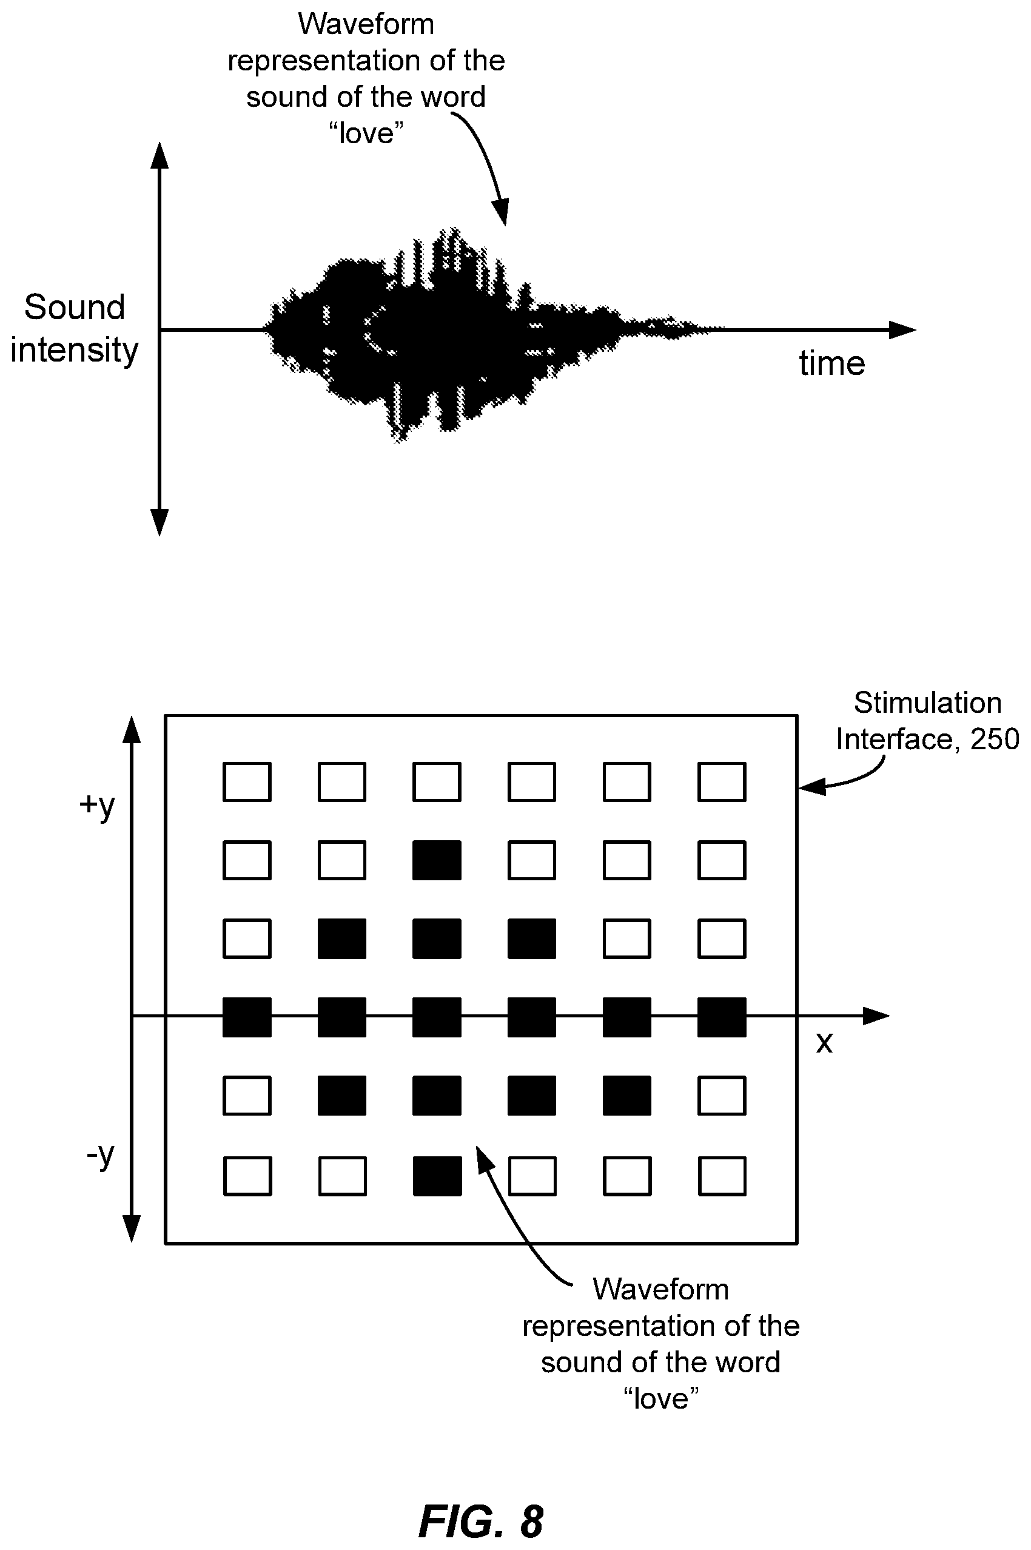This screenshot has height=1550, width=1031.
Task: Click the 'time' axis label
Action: (x=831, y=363)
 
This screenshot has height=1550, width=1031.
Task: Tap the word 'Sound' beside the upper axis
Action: (x=75, y=307)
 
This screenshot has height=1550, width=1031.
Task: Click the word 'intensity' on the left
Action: (x=75, y=350)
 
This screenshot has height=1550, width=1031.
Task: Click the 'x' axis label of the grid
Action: (x=824, y=1043)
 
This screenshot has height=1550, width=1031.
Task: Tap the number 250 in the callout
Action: (x=995, y=739)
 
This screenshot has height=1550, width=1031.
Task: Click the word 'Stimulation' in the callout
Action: (x=928, y=703)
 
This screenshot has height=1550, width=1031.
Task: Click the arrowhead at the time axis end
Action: (x=902, y=329)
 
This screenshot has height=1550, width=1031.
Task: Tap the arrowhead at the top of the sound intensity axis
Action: (x=160, y=155)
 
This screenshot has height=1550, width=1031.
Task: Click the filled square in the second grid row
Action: (x=437, y=860)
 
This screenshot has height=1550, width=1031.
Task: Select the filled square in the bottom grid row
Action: (x=437, y=1176)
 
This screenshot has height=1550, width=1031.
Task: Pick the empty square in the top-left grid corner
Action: (x=247, y=782)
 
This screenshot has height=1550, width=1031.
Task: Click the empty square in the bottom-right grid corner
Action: (x=722, y=1176)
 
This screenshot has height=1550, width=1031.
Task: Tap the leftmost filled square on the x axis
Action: (x=247, y=1017)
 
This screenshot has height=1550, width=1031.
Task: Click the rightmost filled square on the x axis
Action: (x=722, y=1017)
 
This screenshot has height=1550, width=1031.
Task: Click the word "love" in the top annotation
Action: (x=366, y=133)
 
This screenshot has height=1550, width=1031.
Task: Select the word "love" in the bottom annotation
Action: (x=661, y=1398)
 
